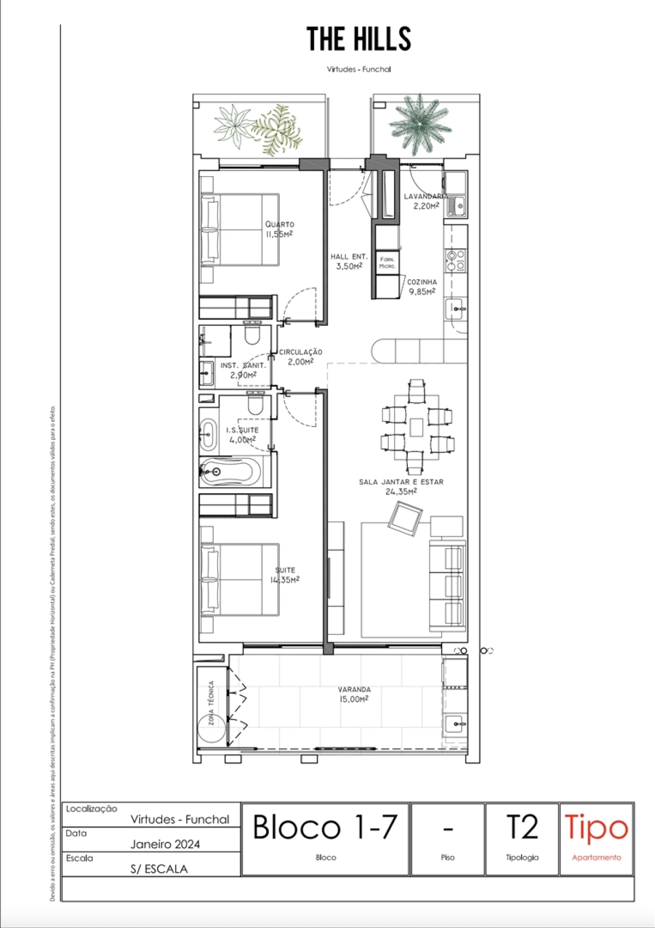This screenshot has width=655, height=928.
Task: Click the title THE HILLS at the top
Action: [x=359, y=39]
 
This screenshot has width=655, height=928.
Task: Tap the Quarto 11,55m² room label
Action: [x=279, y=229]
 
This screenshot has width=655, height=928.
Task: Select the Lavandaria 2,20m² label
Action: [x=426, y=201]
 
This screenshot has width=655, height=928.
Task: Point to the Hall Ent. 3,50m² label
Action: [x=348, y=261]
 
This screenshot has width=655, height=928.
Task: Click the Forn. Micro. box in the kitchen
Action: [x=387, y=263]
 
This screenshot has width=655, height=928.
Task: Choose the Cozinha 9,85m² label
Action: [x=422, y=287]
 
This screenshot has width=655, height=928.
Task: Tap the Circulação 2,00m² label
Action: [x=300, y=356]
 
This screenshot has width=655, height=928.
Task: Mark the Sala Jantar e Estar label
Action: [x=401, y=487]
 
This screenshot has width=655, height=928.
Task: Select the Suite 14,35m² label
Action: [x=285, y=575]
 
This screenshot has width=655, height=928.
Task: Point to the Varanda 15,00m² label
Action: [x=354, y=694]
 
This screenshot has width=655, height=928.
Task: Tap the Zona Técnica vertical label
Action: [x=211, y=702]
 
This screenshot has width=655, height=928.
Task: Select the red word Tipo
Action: [x=596, y=828]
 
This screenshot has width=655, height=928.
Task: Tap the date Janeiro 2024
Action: [x=165, y=844]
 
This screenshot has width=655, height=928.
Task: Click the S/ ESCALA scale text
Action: [x=159, y=869]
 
